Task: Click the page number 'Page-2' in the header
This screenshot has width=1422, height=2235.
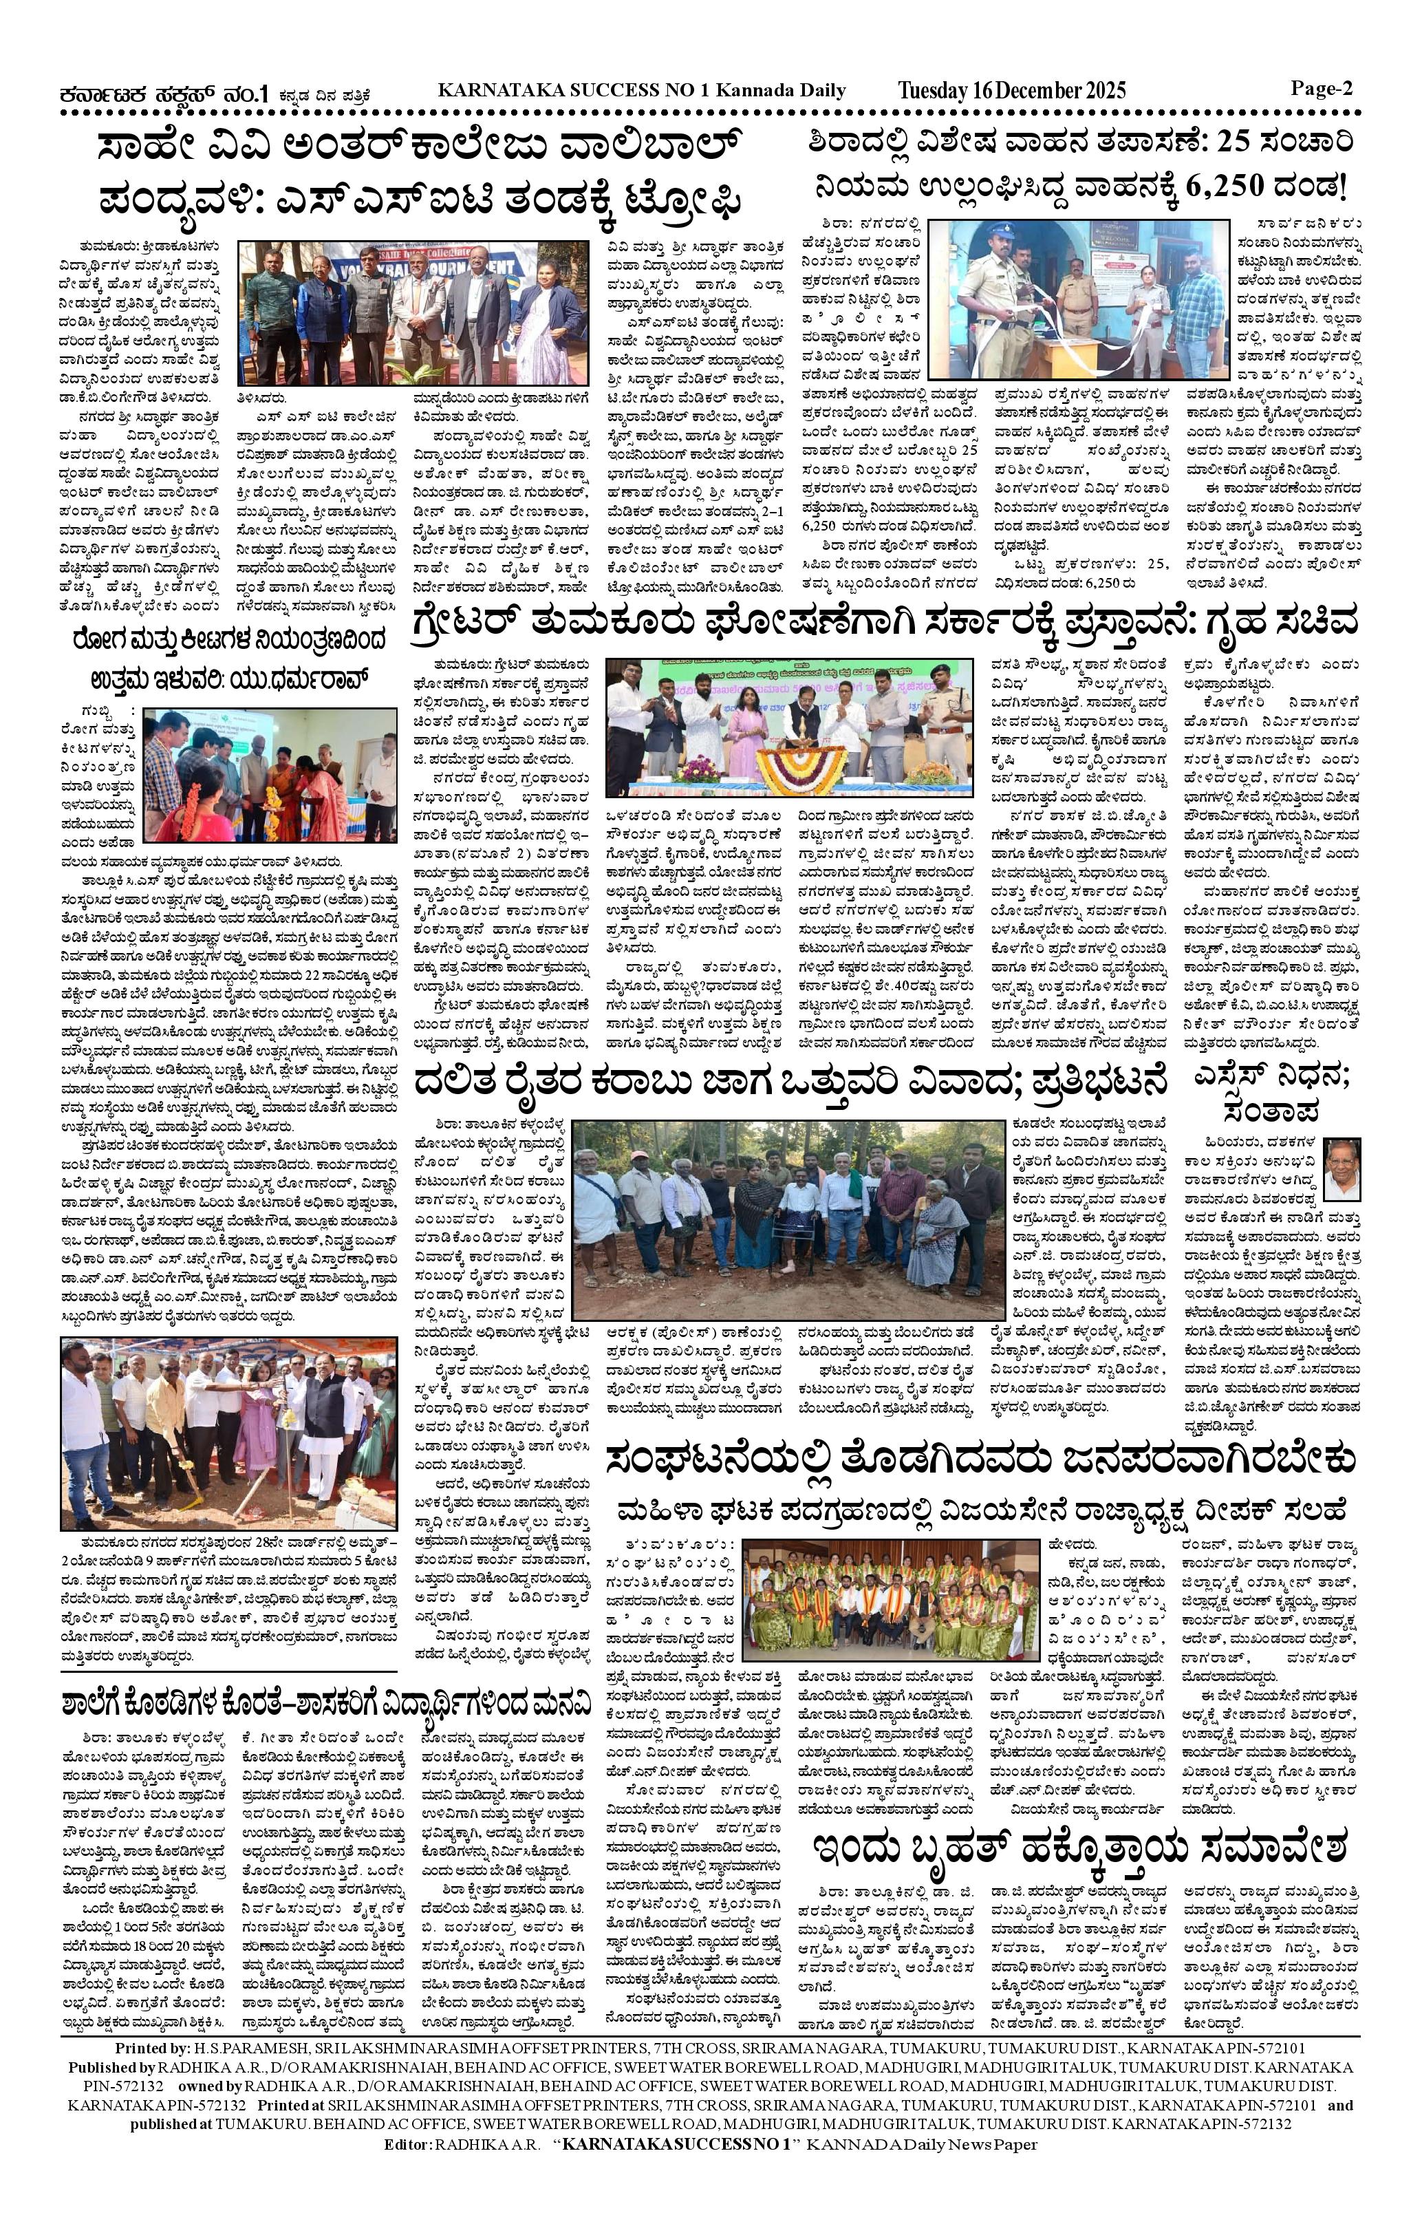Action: click(x=1321, y=89)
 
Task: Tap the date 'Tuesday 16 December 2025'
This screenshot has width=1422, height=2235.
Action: click(x=1012, y=91)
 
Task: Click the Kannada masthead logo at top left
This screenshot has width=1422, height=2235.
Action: click(x=163, y=94)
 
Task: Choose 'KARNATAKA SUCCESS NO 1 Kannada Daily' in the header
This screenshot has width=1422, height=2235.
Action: click(x=641, y=91)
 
